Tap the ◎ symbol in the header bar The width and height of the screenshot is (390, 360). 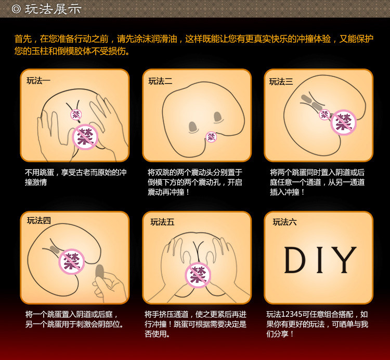pyautogui.click(x=17, y=9)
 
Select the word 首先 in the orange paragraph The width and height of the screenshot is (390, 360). pyautogui.click(x=22, y=39)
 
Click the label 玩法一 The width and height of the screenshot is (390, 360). pyautogui.click(x=38, y=81)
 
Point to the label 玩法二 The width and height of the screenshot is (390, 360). pyautogui.click(x=160, y=81)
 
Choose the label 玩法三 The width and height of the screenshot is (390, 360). pyautogui.click(x=281, y=82)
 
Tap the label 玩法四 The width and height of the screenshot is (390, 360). pyautogui.click(x=39, y=220)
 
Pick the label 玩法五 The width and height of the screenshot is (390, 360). pyautogui.click(x=162, y=222)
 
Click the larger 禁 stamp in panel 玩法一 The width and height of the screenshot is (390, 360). pyautogui.click(x=85, y=137)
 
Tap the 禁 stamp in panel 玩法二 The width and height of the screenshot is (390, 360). pyautogui.click(x=211, y=137)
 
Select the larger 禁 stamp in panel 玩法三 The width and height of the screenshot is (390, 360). pyautogui.click(x=343, y=123)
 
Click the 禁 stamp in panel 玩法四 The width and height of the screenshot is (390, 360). pyautogui.click(x=72, y=262)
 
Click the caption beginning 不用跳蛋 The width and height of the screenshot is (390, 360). pyautogui.click(x=75, y=177)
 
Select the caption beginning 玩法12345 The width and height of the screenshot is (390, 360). pyautogui.click(x=317, y=324)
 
